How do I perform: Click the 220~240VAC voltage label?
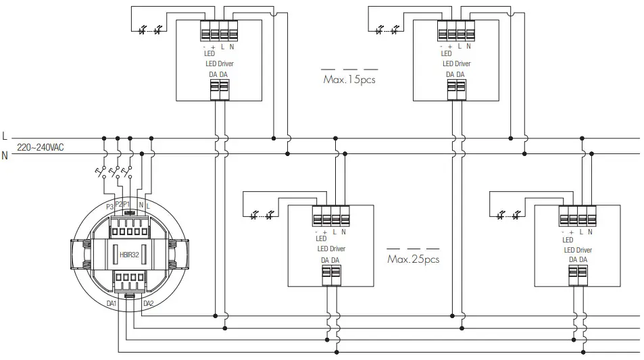pos(41,146)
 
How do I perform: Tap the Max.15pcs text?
pos(349,80)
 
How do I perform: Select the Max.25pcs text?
pos(413,259)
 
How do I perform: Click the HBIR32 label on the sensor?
pos(128,255)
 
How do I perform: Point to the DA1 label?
pos(112,304)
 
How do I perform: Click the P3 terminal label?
pos(109,205)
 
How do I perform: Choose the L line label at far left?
pos(5,136)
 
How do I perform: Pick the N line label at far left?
pos(5,155)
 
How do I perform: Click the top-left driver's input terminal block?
pos(219,32)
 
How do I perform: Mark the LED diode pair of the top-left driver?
pos(150,30)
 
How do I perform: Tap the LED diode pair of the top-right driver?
pos(387,30)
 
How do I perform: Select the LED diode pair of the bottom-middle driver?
pos(262,215)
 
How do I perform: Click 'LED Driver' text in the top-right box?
pos(456,63)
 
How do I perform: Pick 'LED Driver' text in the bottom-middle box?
pos(331,249)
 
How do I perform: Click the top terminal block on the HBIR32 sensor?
pos(128,224)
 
